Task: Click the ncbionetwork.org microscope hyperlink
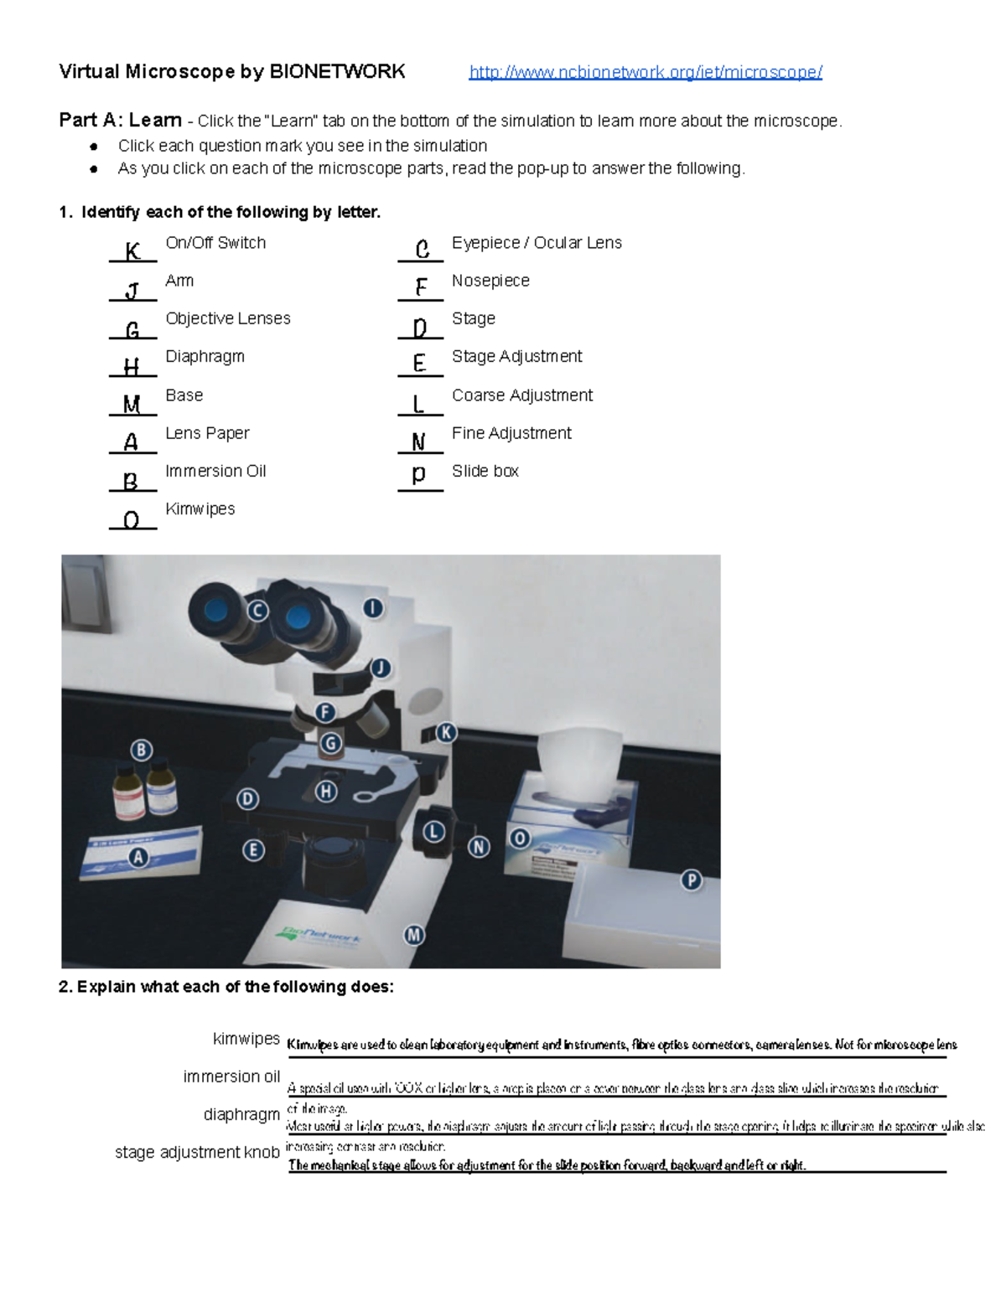(646, 72)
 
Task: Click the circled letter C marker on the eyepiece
(257, 611)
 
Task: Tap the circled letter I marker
(373, 608)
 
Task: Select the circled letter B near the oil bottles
(141, 750)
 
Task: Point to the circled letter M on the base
(413, 935)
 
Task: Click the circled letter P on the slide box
(691, 880)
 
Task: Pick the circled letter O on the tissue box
(520, 838)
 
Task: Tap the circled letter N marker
(479, 847)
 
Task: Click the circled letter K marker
(446, 732)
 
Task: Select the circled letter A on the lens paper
(137, 857)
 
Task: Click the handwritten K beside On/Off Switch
(132, 250)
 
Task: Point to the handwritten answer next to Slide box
(419, 474)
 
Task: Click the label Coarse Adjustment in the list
(521, 395)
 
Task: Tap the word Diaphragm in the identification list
(205, 356)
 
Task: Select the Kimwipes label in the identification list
(200, 509)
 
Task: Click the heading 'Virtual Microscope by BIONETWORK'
(232, 72)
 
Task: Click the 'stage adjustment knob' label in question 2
(197, 1152)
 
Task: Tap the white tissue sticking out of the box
(578, 762)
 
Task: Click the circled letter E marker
(253, 850)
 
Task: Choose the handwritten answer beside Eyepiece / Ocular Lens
(422, 249)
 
